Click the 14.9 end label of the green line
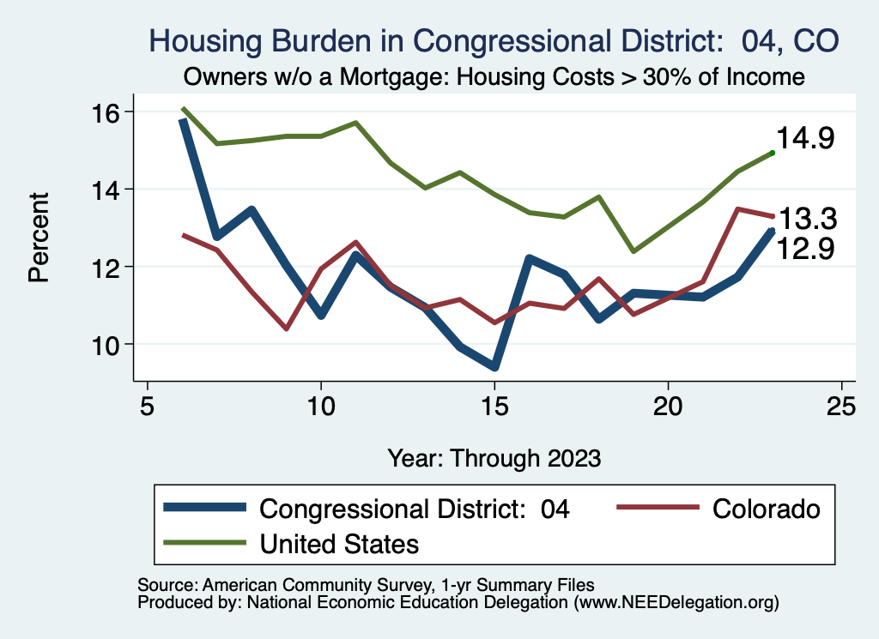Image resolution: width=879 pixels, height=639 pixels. [x=805, y=139]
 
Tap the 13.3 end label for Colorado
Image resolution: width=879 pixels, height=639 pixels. [x=806, y=218]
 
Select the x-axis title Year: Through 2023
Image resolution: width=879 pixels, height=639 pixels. [x=494, y=456]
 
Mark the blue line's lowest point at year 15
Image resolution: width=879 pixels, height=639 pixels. [x=494, y=367]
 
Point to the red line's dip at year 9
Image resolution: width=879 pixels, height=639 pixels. [x=286, y=329]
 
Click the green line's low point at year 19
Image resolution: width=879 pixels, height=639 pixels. [x=633, y=251]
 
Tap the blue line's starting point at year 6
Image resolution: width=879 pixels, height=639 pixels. [x=182, y=121]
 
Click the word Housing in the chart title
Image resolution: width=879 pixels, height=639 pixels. [x=203, y=40]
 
